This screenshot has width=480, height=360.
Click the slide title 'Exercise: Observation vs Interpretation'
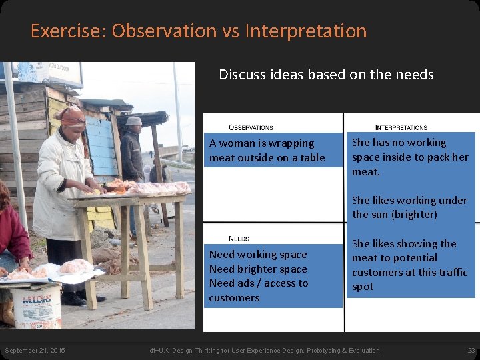click(198, 31)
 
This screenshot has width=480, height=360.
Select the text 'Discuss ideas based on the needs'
click(326, 75)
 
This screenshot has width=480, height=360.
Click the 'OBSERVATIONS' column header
click(251, 127)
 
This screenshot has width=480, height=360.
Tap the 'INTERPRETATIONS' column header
click(401, 127)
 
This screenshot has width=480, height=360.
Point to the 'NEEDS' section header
click(239, 239)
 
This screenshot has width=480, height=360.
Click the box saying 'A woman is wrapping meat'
click(267, 151)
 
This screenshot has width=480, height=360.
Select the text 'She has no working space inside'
click(410, 157)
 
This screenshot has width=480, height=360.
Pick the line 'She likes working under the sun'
click(409, 207)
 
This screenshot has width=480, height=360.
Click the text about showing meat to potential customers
click(409, 265)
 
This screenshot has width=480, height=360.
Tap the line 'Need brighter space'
click(258, 269)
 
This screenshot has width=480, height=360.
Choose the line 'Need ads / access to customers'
click(258, 290)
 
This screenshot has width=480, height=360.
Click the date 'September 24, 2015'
click(35, 351)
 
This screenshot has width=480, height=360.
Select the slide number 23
click(471, 351)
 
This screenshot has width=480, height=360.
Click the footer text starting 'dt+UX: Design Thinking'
click(265, 351)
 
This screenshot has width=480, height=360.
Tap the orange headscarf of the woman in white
click(71, 117)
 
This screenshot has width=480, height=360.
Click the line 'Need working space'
click(258, 255)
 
